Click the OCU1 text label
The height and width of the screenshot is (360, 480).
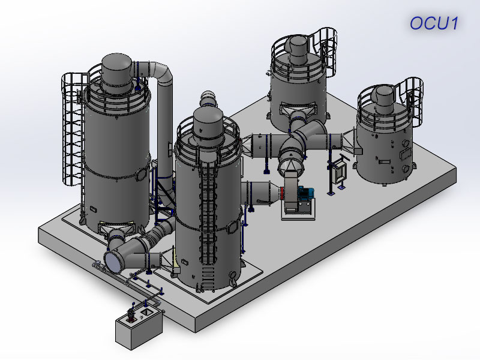coord(434,23)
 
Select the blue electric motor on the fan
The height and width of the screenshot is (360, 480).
coord(305,194)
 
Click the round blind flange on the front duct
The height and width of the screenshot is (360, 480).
coord(112,262)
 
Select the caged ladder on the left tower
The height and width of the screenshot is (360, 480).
coord(73,128)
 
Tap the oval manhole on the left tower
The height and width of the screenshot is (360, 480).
coord(142,175)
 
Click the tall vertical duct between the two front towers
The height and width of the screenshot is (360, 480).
coord(164,128)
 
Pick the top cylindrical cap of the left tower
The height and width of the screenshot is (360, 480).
coord(116,73)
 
